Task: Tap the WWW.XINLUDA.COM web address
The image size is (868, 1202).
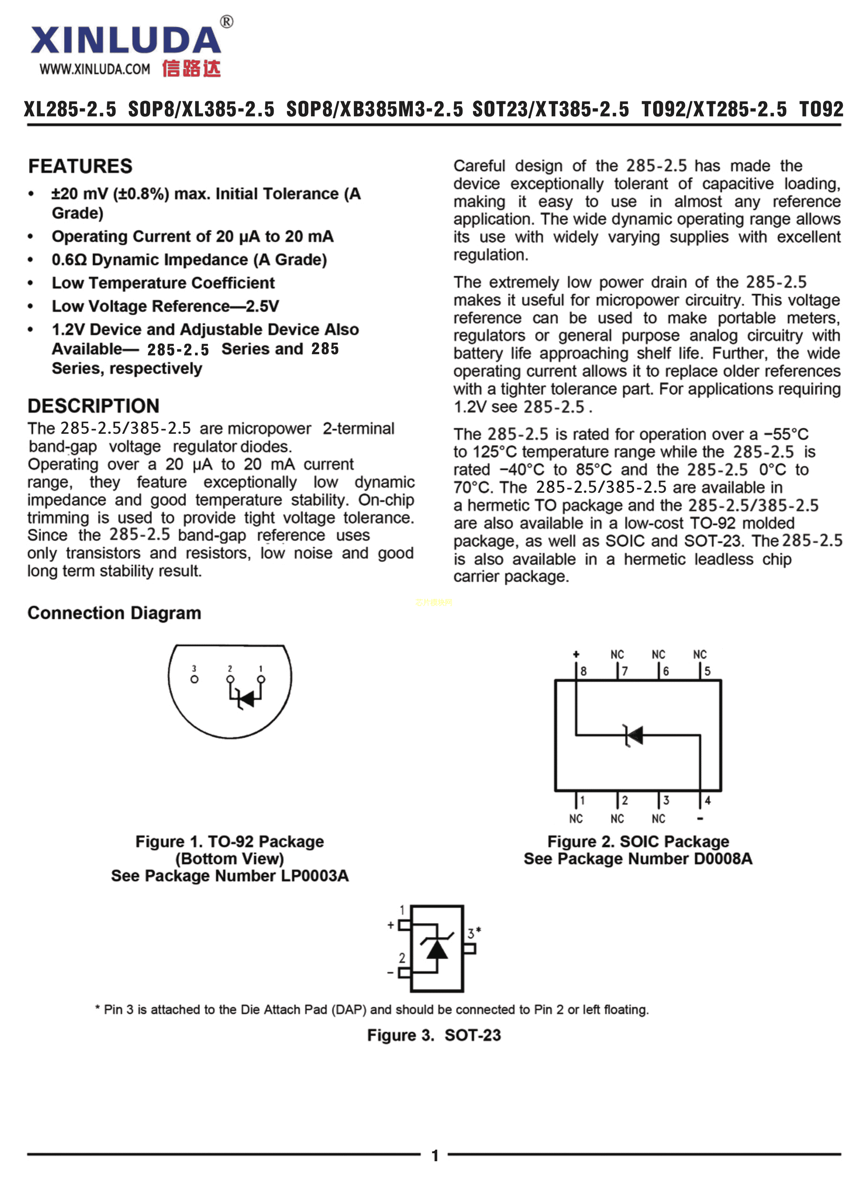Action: (95, 69)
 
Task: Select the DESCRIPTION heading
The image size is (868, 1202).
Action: (93, 405)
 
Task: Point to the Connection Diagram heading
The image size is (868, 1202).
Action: (114, 613)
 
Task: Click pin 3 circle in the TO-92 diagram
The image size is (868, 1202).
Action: (194, 679)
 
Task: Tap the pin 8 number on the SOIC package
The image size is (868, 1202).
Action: (583, 671)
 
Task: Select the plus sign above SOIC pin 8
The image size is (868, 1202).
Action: (576, 654)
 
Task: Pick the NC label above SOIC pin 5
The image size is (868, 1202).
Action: (700, 655)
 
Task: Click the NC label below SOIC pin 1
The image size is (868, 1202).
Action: (576, 819)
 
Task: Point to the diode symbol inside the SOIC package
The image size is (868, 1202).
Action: (633, 735)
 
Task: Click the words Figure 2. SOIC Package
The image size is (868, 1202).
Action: (638, 841)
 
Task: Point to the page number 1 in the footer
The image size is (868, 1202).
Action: (435, 1155)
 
